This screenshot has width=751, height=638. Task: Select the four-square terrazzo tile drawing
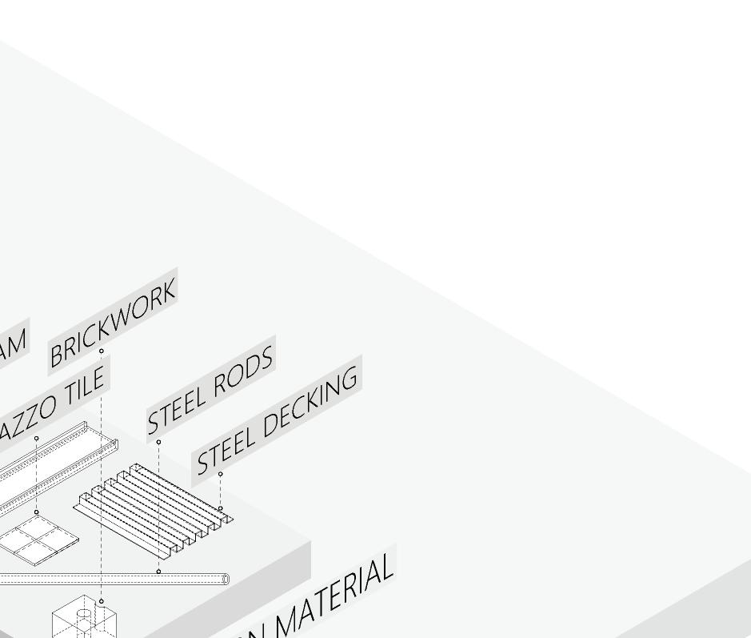[39, 540]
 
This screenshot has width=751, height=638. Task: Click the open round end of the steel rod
[226, 579]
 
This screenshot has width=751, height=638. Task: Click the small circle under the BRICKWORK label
[102, 351]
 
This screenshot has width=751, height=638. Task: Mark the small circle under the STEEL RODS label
[158, 442]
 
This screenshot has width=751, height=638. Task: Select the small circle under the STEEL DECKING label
[220, 474]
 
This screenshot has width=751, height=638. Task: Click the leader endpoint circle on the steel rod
[158, 572]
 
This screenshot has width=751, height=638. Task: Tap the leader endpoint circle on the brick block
[102, 601]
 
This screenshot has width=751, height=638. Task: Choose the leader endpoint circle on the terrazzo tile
[37, 512]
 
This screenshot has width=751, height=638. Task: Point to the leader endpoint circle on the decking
[220, 508]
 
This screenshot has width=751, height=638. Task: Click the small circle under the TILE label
[37, 439]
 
